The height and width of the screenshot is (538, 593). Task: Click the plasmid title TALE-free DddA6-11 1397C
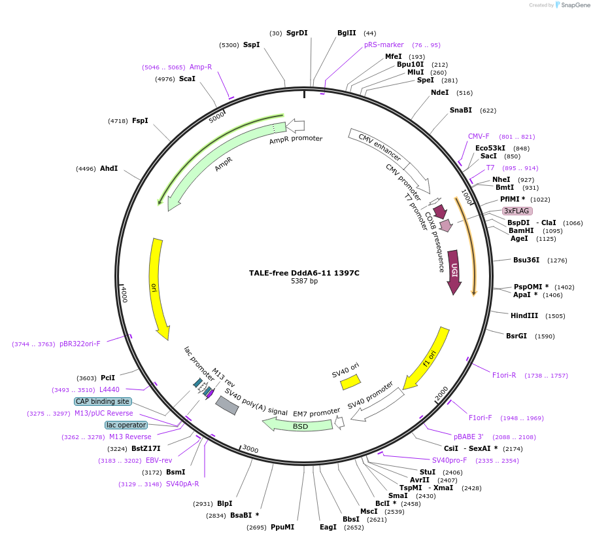[x=304, y=273]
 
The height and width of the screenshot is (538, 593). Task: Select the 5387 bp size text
[x=304, y=281]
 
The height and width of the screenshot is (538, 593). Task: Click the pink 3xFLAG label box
[x=517, y=211]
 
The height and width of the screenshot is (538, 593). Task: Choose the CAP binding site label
[x=103, y=401]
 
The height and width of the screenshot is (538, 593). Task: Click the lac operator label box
[x=126, y=425]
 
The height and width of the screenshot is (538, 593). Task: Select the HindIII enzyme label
[x=524, y=315]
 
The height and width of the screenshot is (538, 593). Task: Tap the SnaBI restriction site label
[x=461, y=110]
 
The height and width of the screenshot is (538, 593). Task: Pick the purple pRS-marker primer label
[x=384, y=45]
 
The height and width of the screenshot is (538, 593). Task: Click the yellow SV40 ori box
[x=350, y=382]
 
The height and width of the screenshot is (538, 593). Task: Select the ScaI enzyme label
[x=187, y=79]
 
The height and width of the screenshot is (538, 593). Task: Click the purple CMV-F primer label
[x=479, y=136]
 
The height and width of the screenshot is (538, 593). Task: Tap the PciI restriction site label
[x=108, y=378]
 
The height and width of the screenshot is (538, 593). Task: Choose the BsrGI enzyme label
[x=517, y=336]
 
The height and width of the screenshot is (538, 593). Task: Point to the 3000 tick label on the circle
[x=250, y=449]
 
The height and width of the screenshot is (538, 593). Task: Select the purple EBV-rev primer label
[x=159, y=460]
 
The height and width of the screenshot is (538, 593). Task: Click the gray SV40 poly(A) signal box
[x=227, y=405]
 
